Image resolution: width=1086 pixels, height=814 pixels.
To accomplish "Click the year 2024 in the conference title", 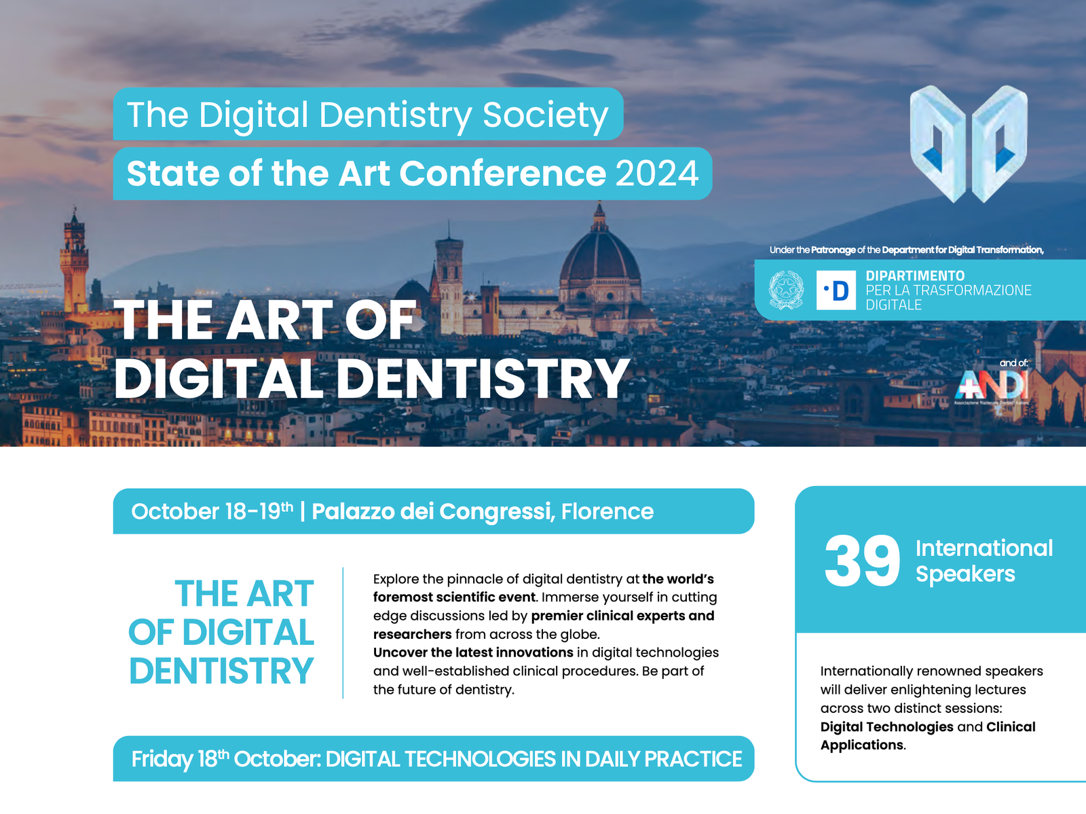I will click(x=656, y=174).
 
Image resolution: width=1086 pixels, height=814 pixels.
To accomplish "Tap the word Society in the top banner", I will click(x=545, y=115).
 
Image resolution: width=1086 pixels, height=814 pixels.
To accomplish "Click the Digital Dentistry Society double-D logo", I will click(x=969, y=143).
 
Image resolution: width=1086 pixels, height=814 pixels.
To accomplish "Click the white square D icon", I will click(x=836, y=291).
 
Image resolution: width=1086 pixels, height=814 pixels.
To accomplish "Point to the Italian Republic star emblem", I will click(x=786, y=290).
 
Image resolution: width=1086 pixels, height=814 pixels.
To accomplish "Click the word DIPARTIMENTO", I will click(x=915, y=276).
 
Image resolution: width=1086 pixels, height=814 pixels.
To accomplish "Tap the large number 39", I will click(x=862, y=561).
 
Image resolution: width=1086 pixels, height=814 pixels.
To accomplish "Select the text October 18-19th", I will click(x=212, y=511).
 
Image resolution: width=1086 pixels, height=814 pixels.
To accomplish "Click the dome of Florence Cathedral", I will click(x=600, y=258).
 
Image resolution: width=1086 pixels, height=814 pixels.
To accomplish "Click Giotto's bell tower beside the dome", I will click(x=449, y=278).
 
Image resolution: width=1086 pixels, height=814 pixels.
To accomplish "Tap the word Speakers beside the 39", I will click(x=965, y=574).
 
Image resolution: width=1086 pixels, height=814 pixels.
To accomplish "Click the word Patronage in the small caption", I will click(x=833, y=250).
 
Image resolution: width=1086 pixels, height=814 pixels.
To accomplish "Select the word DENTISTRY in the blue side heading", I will click(x=221, y=671).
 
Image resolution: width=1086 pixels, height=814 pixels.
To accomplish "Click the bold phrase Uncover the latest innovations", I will click(x=473, y=652).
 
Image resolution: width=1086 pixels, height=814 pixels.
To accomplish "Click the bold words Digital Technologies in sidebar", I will click(x=886, y=727).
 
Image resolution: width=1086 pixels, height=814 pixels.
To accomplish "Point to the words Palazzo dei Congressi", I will click(x=431, y=511).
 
